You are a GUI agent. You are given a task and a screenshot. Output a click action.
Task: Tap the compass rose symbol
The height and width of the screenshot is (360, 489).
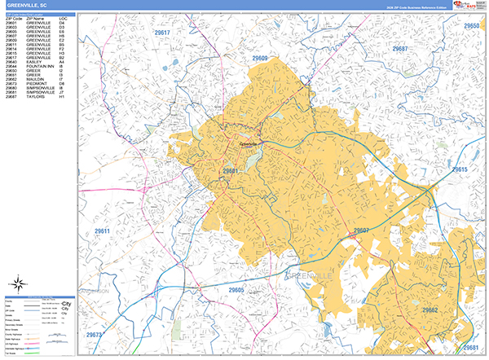point(16,284)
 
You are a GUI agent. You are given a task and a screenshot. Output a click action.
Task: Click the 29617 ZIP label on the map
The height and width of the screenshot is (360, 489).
point(163,33)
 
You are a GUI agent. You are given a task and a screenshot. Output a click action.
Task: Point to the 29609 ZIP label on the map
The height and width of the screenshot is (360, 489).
point(260,59)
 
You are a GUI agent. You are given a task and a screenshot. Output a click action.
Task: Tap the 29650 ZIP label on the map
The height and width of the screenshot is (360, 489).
point(472,26)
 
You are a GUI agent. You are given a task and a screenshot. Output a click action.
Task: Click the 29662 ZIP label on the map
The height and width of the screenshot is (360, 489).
point(430,310)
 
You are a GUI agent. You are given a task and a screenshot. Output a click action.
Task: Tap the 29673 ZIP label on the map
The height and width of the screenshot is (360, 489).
point(94,335)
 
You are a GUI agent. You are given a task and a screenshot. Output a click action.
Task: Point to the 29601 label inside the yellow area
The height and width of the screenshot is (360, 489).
point(231,171)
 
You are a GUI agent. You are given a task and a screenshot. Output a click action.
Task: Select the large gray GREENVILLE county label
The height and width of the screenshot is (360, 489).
point(319,276)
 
